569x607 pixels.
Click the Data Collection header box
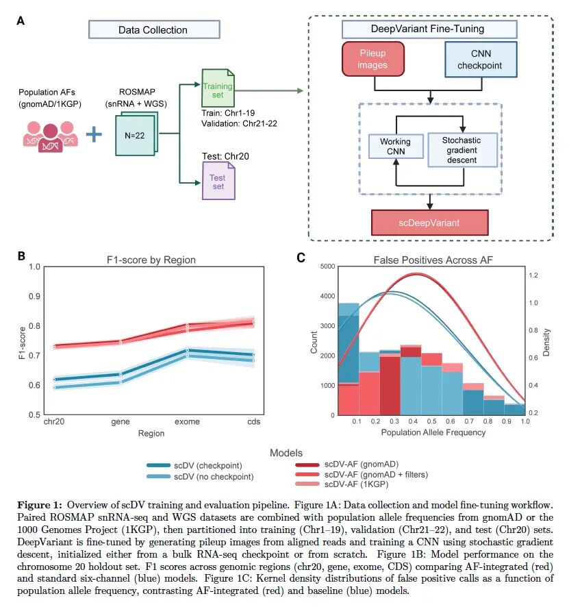pos(153,29)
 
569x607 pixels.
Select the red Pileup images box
pos(372,59)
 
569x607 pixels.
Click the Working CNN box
pos(395,147)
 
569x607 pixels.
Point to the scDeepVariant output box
pos(429,223)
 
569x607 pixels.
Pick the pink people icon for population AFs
pos(47,134)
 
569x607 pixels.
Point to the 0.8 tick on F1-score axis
pos(32,325)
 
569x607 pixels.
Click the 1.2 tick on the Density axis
pos(536,275)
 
